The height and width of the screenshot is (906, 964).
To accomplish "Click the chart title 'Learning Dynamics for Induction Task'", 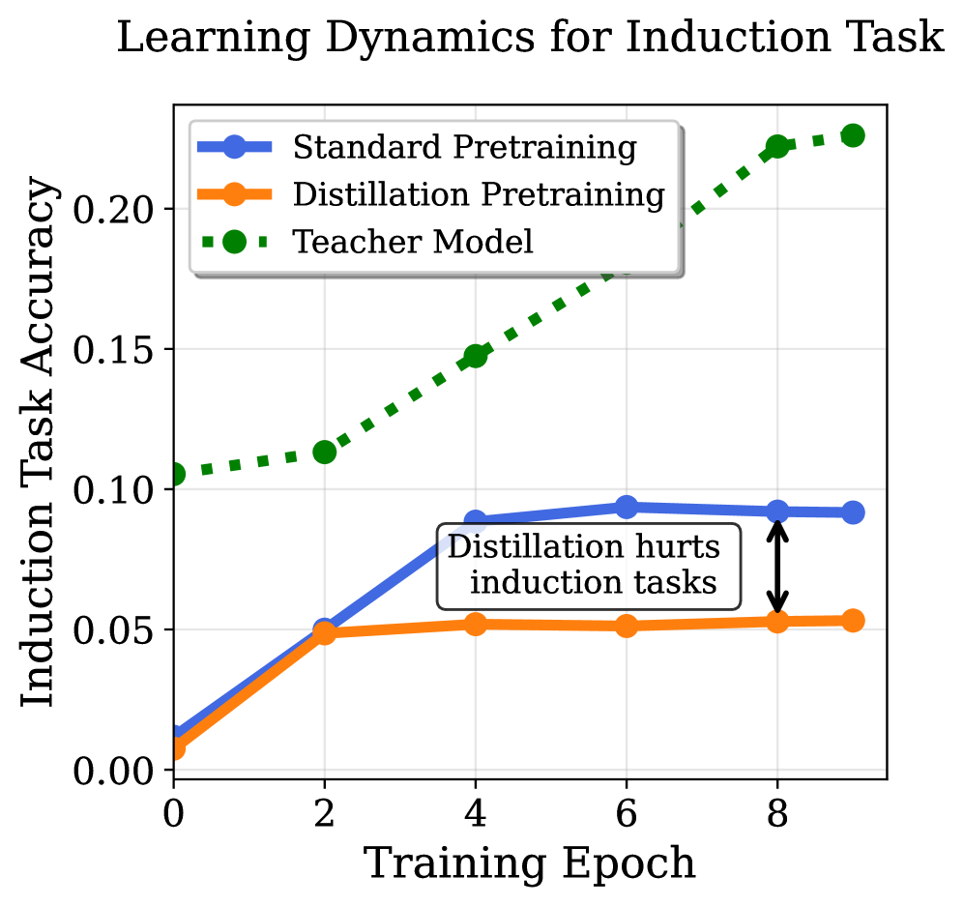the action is click(x=530, y=38).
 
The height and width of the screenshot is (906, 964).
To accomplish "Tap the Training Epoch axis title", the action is click(x=530, y=864).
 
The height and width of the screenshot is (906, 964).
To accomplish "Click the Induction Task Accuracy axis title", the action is click(x=38, y=441).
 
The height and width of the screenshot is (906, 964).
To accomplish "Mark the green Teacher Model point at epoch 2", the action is click(x=325, y=453).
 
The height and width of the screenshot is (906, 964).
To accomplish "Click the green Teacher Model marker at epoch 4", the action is click(x=476, y=355).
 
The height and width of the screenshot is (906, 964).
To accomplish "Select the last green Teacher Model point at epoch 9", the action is click(x=853, y=135).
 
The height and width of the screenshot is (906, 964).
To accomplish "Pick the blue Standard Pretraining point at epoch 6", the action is click(x=627, y=507).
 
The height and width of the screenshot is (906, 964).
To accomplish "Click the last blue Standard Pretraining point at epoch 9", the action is click(x=853, y=512).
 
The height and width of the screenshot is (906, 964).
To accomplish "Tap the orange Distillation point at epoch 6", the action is click(x=627, y=626).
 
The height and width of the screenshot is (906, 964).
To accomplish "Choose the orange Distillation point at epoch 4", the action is click(x=476, y=624).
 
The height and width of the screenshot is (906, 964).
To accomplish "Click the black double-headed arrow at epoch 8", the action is click(x=777, y=567).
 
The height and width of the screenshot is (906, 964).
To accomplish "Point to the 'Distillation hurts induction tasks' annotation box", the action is click(x=589, y=566).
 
